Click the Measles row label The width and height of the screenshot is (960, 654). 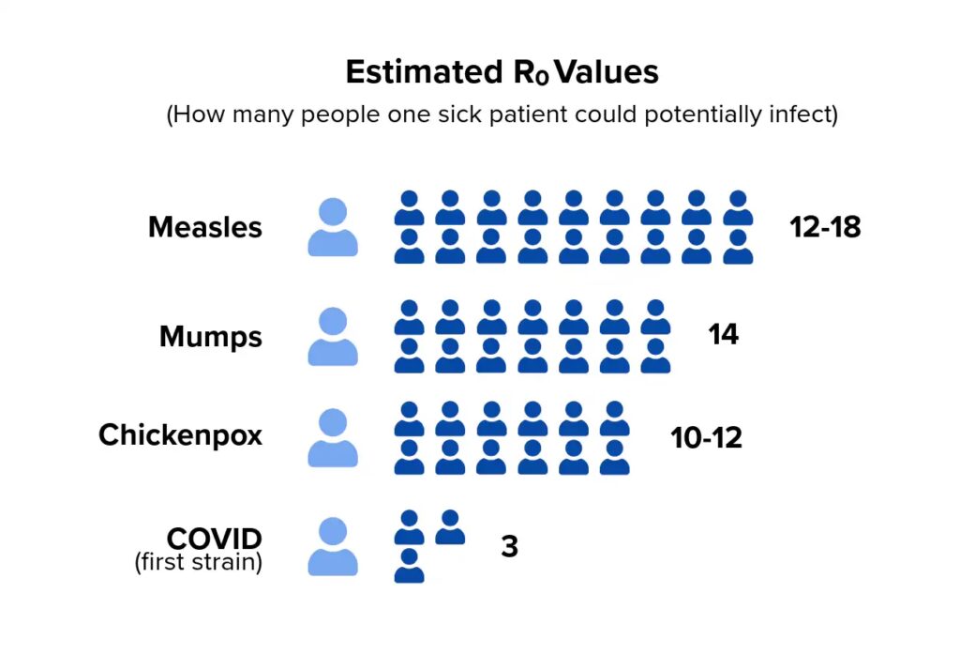204,227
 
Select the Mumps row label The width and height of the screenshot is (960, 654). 211,336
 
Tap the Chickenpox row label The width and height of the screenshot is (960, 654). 180,435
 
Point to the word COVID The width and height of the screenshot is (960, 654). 215,539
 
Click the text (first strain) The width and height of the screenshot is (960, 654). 198,563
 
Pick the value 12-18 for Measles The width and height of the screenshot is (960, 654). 825,227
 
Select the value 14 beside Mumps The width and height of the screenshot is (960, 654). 724,334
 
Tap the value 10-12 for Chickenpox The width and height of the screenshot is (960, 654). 706,437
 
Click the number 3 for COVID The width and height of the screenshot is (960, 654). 509,546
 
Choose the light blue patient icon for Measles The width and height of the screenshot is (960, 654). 333,227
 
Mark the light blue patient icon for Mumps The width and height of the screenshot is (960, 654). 333,336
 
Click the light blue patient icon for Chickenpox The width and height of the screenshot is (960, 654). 333,437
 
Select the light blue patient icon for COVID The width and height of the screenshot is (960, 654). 333,546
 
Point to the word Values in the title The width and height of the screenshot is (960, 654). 607,72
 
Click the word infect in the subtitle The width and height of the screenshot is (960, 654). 798,115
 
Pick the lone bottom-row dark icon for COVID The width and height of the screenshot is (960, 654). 409,566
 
